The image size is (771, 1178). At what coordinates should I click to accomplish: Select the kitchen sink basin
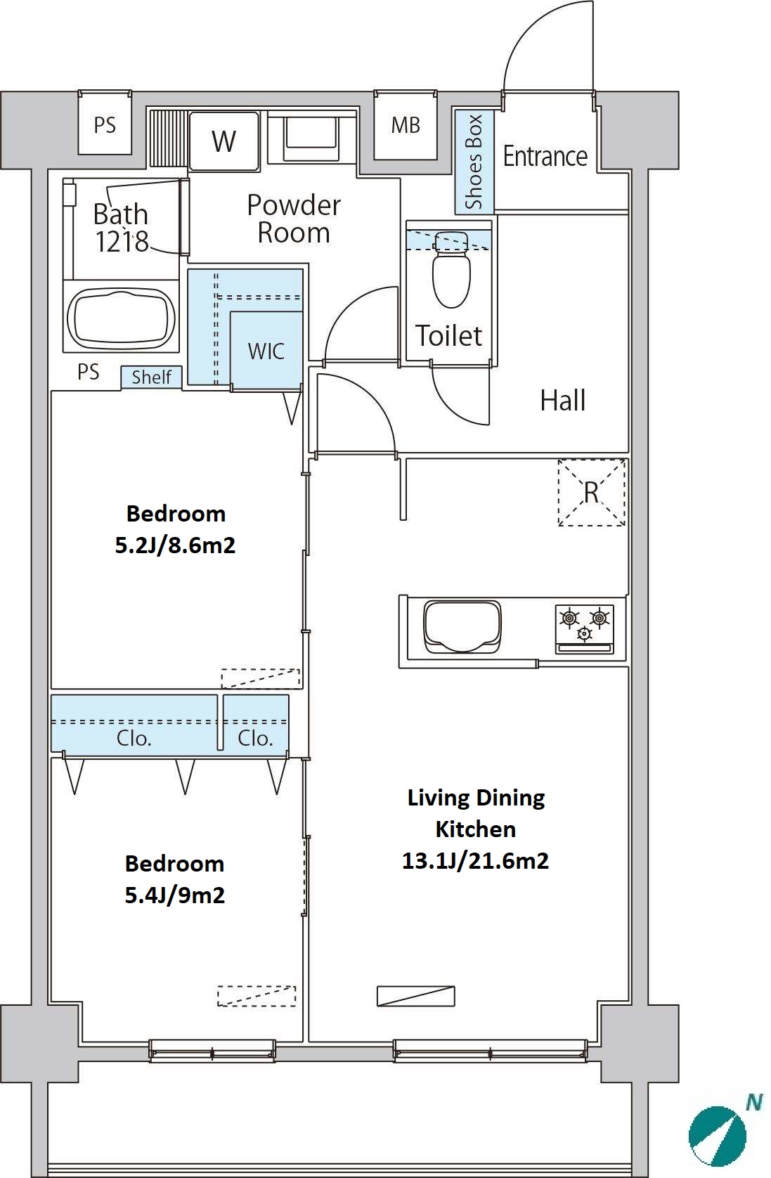pyautogui.click(x=462, y=626)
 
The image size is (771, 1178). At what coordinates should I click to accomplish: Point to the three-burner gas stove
pyautogui.click(x=584, y=629)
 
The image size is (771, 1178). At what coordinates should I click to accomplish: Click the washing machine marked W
pyautogui.click(x=224, y=141)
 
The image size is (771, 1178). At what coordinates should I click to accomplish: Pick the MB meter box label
pyautogui.click(x=406, y=125)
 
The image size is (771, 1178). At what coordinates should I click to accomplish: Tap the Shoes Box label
pyautogui.click(x=474, y=162)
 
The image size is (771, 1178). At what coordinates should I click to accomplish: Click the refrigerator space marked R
pyautogui.click(x=592, y=493)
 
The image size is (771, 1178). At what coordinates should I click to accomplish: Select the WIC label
pyautogui.click(x=266, y=351)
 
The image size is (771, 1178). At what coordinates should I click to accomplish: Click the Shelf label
pyautogui.click(x=152, y=377)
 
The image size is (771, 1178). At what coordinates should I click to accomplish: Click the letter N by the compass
pyautogui.click(x=755, y=1102)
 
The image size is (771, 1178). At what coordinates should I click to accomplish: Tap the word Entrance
pyautogui.click(x=545, y=156)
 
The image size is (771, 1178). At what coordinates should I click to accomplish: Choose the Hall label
pyautogui.click(x=563, y=401)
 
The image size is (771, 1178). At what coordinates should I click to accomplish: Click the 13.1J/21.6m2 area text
pyautogui.click(x=475, y=861)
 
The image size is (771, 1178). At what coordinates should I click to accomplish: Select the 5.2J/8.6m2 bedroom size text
pyautogui.click(x=175, y=545)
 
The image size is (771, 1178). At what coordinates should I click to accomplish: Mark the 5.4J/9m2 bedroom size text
pyautogui.click(x=174, y=895)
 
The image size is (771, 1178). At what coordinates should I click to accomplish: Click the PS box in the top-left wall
pyautogui.click(x=105, y=125)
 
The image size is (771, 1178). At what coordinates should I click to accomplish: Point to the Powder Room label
pyautogui.click(x=294, y=219)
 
